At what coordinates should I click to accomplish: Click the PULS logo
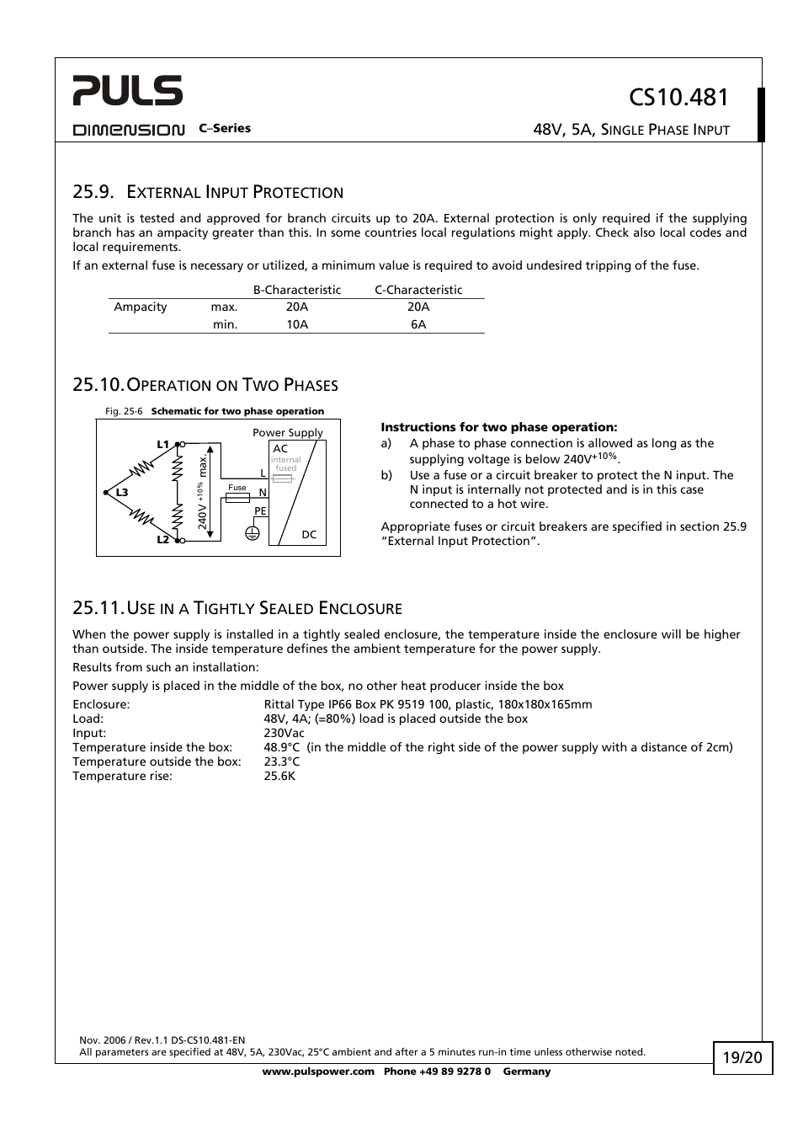pyautogui.click(x=127, y=90)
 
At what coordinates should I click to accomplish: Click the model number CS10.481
pyautogui.click(x=678, y=98)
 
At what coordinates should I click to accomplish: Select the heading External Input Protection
pyautogui.click(x=208, y=192)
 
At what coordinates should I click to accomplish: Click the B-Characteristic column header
pyautogui.click(x=297, y=290)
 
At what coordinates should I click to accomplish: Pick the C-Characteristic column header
pyautogui.click(x=418, y=290)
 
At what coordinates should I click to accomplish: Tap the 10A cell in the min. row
pyautogui.click(x=297, y=324)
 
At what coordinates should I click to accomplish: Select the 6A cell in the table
pyautogui.click(x=418, y=324)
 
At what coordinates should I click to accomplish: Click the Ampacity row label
pyautogui.click(x=141, y=307)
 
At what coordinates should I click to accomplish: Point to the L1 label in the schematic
pyautogui.click(x=163, y=444)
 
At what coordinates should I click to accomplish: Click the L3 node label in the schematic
pyautogui.click(x=122, y=493)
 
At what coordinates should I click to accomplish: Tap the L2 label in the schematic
pyautogui.click(x=163, y=540)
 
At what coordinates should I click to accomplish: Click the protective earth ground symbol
pyautogui.click(x=253, y=532)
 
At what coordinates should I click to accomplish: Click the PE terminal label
pyautogui.click(x=260, y=511)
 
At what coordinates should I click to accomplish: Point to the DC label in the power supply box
pyautogui.click(x=309, y=535)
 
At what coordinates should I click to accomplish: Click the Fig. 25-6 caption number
pyautogui.click(x=124, y=412)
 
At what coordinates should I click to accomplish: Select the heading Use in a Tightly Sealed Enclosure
pyautogui.click(x=237, y=608)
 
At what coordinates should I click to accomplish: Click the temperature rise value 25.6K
pyautogui.click(x=279, y=776)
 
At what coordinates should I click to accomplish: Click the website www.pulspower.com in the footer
pyautogui.click(x=317, y=1071)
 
